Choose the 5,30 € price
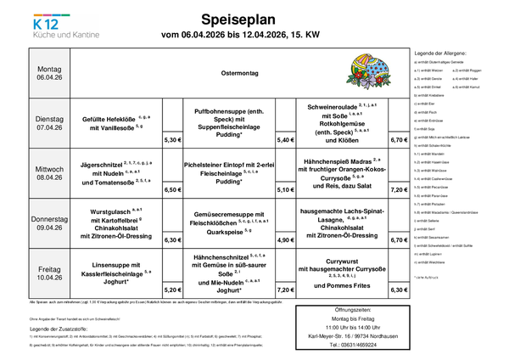coord(173,139)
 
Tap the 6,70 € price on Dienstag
coord(398,139)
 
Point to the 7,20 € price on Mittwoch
coord(398,190)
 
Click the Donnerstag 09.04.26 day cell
coord(49,222)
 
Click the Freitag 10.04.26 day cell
coord(49,273)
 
